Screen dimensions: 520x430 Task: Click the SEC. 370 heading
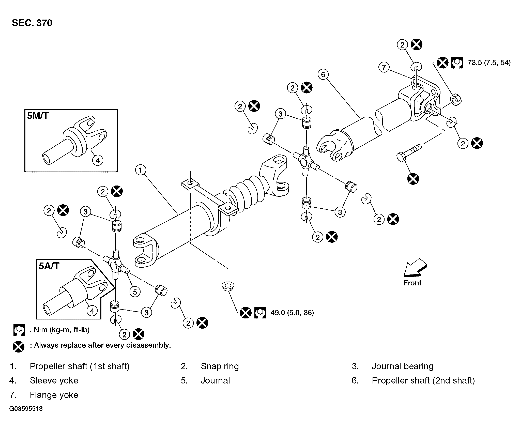tap(32, 23)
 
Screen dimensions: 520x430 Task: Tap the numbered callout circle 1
tap(141, 170)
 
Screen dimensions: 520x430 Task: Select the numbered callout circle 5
tap(135, 292)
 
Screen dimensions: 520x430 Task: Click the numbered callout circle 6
tap(323, 74)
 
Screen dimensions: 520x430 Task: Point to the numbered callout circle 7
tap(384, 67)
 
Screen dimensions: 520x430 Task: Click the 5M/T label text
tap(38, 116)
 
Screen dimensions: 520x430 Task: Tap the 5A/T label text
tap(49, 266)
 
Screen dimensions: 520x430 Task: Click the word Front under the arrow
tap(412, 283)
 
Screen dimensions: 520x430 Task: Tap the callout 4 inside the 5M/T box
tap(98, 160)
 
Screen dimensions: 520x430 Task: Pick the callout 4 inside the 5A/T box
tap(92, 311)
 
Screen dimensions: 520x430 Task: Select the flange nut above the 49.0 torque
tap(228, 286)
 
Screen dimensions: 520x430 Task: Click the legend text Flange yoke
tap(54, 395)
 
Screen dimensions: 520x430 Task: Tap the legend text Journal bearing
tap(403, 366)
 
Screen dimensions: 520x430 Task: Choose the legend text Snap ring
tap(220, 366)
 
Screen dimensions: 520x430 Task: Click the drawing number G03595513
tap(26, 409)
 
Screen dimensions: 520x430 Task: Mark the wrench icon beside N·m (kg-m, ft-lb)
tap(19, 330)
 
